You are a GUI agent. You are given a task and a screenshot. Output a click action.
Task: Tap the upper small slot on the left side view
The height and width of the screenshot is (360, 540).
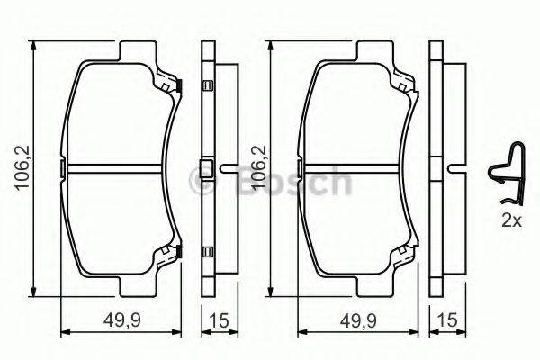tap(208, 86)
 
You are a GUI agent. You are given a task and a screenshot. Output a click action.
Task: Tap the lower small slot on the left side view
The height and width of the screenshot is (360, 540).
tap(208, 250)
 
